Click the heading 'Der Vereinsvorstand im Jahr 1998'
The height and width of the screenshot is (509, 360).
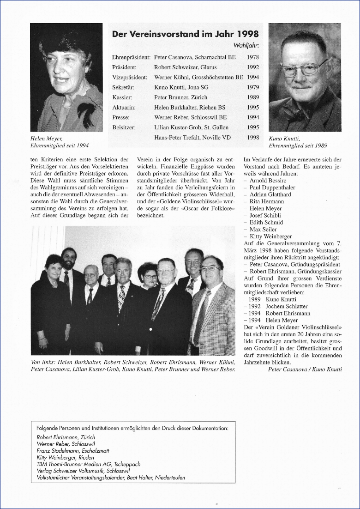click(185, 34)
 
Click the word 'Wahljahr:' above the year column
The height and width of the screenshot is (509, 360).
click(246, 45)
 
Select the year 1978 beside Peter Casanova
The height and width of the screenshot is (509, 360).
click(253, 57)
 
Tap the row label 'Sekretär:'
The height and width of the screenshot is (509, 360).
click(122, 87)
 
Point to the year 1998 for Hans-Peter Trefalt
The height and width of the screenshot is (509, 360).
click(253, 138)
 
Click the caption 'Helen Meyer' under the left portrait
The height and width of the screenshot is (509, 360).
click(46, 138)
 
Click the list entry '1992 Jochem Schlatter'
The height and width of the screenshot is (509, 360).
click(278, 306)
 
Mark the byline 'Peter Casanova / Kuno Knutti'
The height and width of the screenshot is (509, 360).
click(305, 369)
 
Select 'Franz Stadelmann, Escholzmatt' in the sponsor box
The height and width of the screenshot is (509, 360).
click(73, 450)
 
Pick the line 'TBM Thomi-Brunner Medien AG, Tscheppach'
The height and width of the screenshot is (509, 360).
click(88, 464)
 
